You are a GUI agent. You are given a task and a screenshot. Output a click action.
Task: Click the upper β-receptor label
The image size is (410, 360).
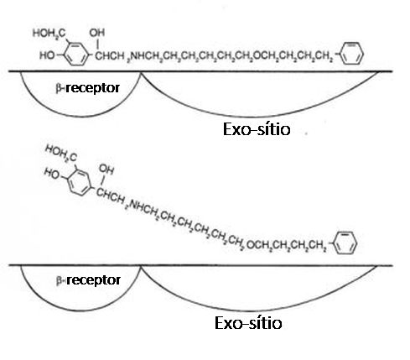[88, 88]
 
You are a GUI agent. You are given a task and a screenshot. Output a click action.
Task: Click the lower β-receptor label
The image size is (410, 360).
[88, 280]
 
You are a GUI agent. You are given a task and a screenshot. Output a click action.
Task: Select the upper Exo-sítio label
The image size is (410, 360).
[257, 129]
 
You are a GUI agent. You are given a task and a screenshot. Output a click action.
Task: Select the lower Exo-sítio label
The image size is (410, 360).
[248, 323]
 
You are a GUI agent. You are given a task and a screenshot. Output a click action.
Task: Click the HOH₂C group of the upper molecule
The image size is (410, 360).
[49, 34]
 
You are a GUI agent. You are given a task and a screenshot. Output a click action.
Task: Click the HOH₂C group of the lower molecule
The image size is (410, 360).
[61, 153]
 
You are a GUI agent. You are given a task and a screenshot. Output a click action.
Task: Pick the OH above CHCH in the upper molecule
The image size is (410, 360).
[97, 33]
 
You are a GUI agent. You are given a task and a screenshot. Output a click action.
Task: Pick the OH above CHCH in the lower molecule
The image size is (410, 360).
[106, 169]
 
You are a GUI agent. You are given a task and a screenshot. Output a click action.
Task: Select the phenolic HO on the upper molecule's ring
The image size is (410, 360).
[47, 55]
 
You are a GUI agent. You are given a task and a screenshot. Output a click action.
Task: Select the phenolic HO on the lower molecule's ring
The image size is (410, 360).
[52, 174]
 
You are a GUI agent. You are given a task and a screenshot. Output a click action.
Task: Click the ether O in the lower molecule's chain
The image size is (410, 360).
[251, 245]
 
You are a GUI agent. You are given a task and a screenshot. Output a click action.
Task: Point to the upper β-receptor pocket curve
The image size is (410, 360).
[80, 116]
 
